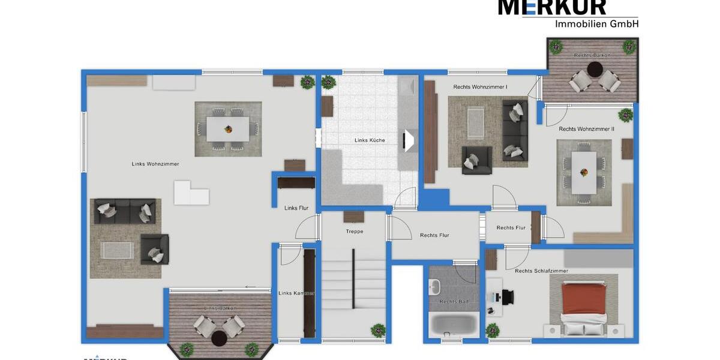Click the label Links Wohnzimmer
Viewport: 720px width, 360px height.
coord(155,164)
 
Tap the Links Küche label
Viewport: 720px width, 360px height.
coord(370,140)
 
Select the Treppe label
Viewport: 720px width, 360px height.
coord(355,232)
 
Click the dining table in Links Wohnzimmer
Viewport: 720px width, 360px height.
coord(228,128)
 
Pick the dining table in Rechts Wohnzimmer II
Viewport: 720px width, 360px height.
coord(584,172)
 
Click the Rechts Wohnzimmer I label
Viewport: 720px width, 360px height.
coord(480,87)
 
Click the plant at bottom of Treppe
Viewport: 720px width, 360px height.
coord(378,329)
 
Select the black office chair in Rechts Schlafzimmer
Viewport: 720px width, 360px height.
coord(508,296)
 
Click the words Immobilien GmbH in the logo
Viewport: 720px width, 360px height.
coord(596,24)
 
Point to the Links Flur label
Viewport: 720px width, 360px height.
coord(296,208)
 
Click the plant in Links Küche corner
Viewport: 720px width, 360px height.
coord(328,83)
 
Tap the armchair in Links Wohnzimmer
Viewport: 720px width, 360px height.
coord(155,249)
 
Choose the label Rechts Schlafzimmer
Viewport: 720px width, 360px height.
coord(541,271)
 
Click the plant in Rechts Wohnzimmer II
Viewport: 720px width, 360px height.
coord(626,114)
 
